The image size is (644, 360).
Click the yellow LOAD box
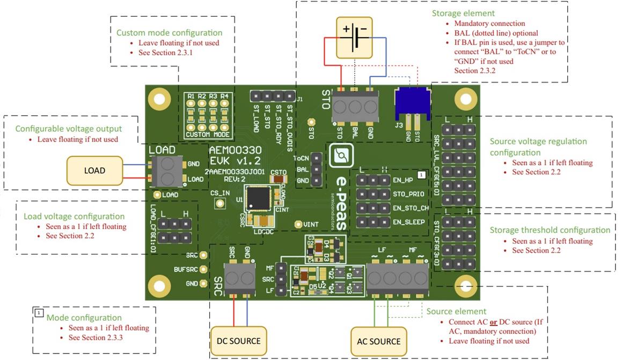94,171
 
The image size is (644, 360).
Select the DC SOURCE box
238,341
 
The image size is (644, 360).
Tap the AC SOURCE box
378,341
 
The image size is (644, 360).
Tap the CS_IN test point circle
219,203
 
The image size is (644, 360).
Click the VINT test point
299,224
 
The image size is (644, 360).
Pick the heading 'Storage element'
463,13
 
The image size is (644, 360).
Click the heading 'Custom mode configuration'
177,33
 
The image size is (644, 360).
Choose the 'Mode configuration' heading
84,318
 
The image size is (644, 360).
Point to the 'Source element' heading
456,311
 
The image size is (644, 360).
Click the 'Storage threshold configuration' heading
550,230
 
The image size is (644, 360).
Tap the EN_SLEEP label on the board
409,222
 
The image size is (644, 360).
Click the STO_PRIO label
409,194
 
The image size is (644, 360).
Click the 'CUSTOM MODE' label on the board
208,134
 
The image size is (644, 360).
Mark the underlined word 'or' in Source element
493,322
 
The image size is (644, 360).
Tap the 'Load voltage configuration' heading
74,216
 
